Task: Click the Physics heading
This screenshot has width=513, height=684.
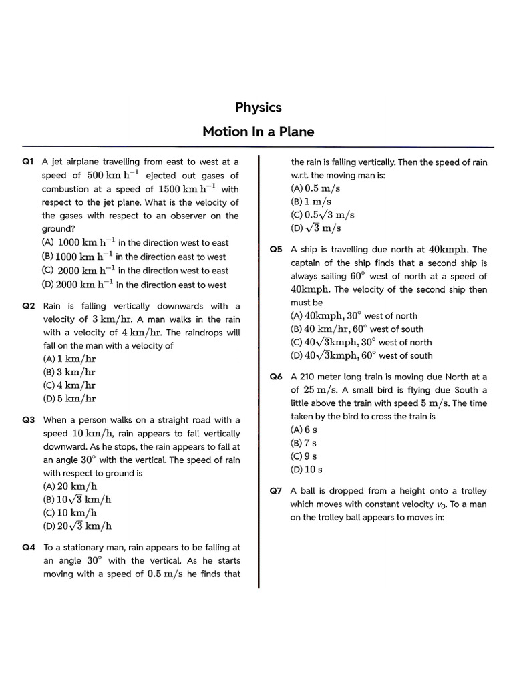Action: click(x=258, y=108)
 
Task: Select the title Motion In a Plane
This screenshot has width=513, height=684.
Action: click(x=258, y=132)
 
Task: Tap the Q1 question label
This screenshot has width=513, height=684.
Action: click(x=28, y=162)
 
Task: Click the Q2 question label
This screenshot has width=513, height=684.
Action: click(x=28, y=306)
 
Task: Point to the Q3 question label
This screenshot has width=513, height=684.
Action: click(x=28, y=420)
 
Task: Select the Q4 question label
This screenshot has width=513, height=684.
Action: click(x=28, y=548)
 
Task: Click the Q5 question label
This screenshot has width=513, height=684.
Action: click(x=276, y=250)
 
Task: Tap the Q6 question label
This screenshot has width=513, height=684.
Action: click(x=276, y=377)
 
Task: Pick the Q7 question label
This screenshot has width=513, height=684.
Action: click(x=276, y=491)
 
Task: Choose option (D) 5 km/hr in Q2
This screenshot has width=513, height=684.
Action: click(x=69, y=399)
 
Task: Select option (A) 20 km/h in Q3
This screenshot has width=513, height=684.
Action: click(x=70, y=486)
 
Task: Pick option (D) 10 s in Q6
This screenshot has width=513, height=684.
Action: click(x=306, y=470)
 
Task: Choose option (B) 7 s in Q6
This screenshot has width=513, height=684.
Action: click(x=303, y=443)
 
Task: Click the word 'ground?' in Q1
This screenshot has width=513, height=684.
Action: click(x=59, y=229)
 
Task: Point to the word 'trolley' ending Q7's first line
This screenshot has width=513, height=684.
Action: click(x=472, y=491)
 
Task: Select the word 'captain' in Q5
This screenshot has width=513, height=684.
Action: click(x=307, y=263)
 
